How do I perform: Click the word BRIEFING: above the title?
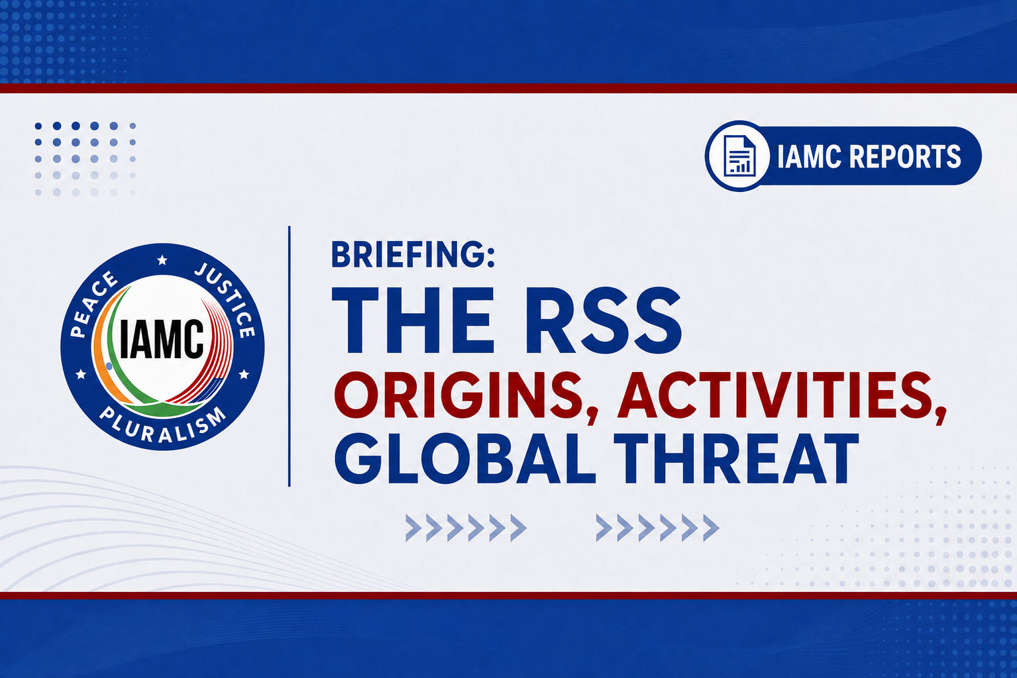[x=413, y=255]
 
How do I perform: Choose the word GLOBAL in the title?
[x=464, y=459]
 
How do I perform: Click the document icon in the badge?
[x=739, y=156]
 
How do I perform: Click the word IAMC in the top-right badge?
[x=808, y=156]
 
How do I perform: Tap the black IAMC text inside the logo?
[x=162, y=339]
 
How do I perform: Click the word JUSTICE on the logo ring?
[x=225, y=300]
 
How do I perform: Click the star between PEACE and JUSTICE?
[x=162, y=260]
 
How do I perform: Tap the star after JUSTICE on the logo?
[x=244, y=374]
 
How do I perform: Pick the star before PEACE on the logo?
[x=81, y=374]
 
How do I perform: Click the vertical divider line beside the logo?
[x=290, y=356]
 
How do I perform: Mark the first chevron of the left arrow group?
[x=413, y=528]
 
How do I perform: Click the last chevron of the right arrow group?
[x=712, y=528]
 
